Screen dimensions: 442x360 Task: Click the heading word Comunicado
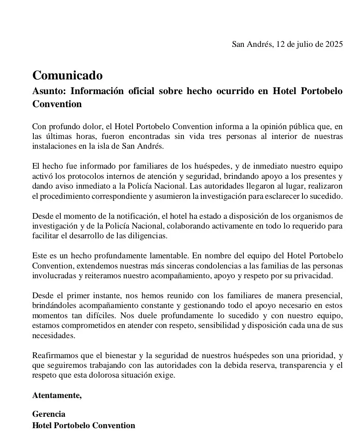[67, 75]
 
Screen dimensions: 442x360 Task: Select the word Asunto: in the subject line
[49, 91]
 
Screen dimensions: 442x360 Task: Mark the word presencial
[324, 295]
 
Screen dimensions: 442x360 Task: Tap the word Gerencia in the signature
[49, 414]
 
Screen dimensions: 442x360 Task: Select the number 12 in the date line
[280, 44]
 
